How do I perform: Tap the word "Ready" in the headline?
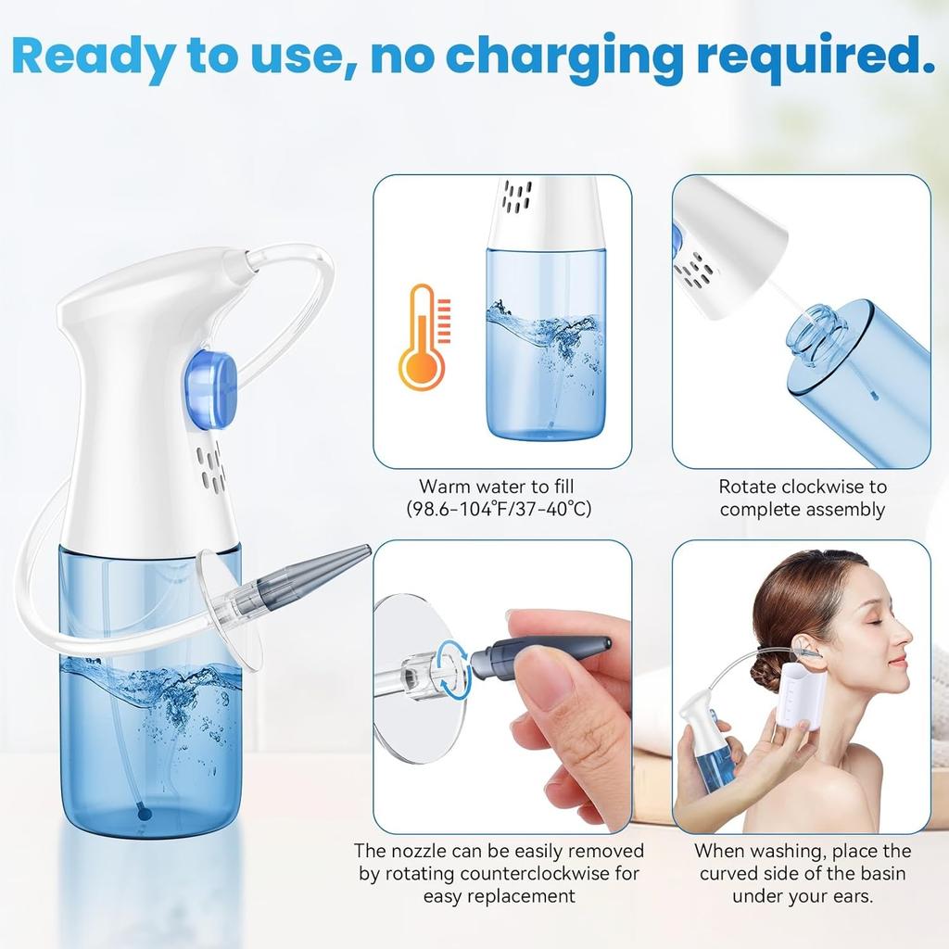click(x=91, y=55)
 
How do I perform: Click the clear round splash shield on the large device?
click(x=229, y=607)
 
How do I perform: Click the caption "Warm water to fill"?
click(x=502, y=487)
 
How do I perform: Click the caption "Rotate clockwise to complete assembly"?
click(x=802, y=498)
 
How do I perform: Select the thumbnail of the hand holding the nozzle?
click(x=502, y=686)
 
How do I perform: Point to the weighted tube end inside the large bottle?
click(x=143, y=811)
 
